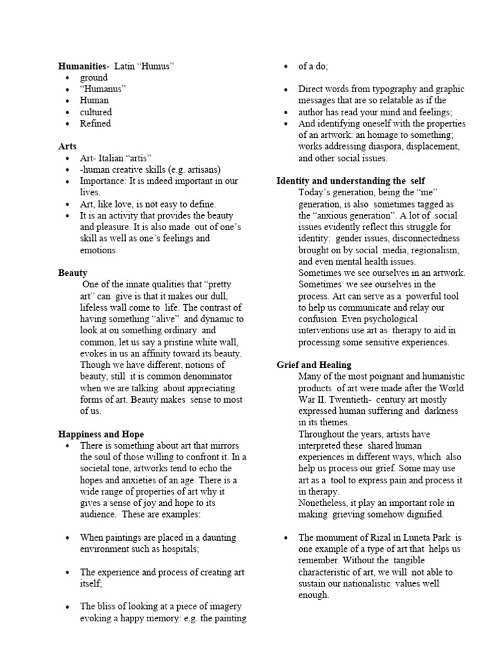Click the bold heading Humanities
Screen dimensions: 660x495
point(82,66)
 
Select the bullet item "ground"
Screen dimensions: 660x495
point(93,77)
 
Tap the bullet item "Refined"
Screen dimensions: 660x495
point(95,123)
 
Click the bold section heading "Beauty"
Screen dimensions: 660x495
point(73,273)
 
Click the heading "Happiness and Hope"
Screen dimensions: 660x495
point(101,434)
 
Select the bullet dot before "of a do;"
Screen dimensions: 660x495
point(286,66)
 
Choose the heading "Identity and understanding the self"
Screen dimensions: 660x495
point(351,181)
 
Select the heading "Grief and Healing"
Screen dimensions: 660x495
point(314,365)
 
